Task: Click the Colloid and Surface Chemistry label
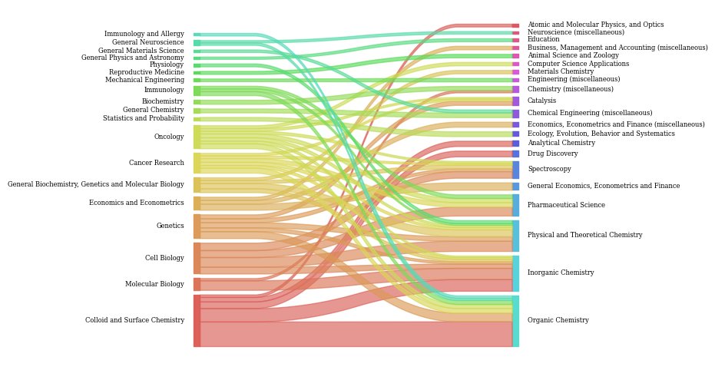click(x=134, y=320)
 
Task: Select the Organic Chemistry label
click(x=558, y=320)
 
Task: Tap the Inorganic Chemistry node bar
click(x=515, y=273)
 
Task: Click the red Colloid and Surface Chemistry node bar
click(x=197, y=321)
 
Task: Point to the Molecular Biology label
click(x=154, y=284)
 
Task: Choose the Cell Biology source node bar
click(x=197, y=258)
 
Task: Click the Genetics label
click(x=170, y=226)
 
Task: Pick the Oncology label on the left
click(x=169, y=137)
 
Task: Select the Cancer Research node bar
click(x=197, y=163)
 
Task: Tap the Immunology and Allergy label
click(x=144, y=34)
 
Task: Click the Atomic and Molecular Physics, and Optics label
click(x=595, y=25)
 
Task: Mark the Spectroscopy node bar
click(x=515, y=170)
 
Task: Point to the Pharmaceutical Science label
click(x=566, y=205)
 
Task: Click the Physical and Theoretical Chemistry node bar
click(x=515, y=236)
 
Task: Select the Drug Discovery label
click(x=552, y=154)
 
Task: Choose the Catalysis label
click(x=541, y=101)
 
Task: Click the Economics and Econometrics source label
click(x=136, y=203)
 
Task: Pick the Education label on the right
click(x=543, y=39)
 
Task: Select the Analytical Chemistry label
click(x=561, y=143)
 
